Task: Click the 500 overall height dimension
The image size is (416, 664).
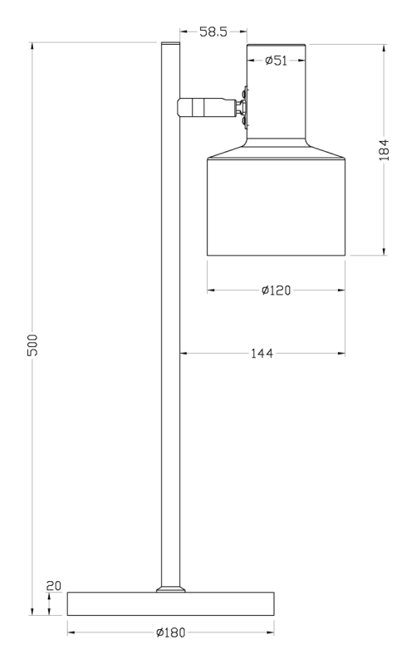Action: pos(32,344)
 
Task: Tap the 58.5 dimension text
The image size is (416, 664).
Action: pos(213,32)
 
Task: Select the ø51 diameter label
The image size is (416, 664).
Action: pos(277,61)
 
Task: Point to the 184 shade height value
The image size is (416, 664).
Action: pos(384,150)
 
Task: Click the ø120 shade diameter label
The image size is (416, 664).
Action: pos(277,290)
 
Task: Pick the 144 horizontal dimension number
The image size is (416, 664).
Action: pos(262,354)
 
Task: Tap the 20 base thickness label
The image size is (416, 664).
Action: pos(54,586)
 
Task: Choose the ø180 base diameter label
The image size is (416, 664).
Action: pos(171,632)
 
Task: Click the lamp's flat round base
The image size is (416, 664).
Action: pos(171,604)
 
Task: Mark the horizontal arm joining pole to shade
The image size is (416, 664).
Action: pos(207,107)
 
